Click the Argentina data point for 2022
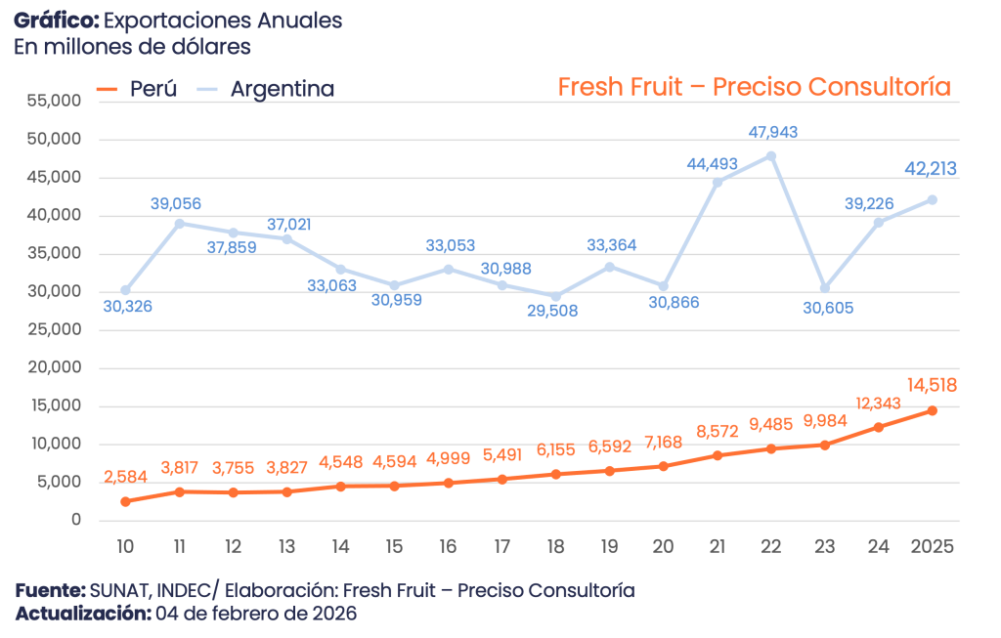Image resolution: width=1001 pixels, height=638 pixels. tap(771, 155)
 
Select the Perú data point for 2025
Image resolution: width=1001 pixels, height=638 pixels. tap(932, 410)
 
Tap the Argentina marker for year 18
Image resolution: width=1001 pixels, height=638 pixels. tap(555, 297)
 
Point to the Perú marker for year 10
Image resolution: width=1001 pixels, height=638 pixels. tap(125, 501)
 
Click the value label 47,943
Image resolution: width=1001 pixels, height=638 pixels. tap(771, 132)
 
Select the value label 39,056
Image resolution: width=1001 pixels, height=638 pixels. tap(177, 203)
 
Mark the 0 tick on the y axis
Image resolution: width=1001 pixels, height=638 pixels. tap(75, 521)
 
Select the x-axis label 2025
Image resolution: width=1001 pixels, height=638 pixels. tap(932, 544)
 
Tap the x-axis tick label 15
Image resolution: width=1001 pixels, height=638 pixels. tap(394, 544)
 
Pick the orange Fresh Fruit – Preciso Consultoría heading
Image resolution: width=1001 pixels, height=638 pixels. tap(754, 87)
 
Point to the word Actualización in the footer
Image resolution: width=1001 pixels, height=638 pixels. tap(83, 614)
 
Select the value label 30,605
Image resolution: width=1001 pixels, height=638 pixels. tap(826, 308)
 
